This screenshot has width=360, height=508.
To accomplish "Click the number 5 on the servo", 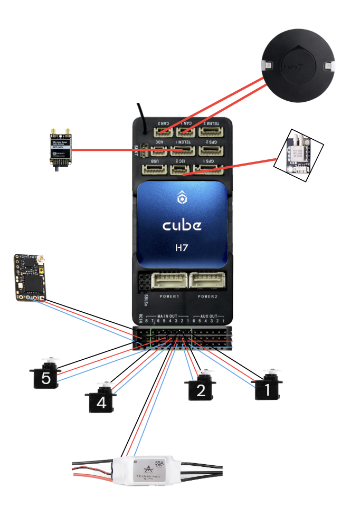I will point(45,379).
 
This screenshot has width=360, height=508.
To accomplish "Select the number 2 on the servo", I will point(200,391).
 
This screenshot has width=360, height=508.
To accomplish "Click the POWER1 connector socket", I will point(167,280).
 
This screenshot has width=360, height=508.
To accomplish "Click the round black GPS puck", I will point(298,65).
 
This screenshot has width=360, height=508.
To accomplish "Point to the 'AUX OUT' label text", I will point(211,316).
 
